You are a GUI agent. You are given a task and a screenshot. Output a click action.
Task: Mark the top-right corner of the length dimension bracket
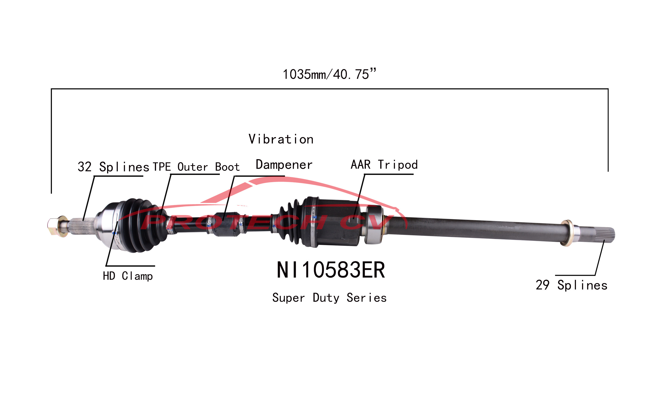point(608,89)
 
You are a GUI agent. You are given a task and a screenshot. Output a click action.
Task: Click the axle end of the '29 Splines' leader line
point(604,240)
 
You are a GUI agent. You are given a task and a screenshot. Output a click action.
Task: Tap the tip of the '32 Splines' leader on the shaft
point(83,220)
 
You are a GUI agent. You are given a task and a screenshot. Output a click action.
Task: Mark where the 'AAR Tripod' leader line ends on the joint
point(354,219)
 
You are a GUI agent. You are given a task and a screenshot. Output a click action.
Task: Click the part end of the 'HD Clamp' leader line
point(118,222)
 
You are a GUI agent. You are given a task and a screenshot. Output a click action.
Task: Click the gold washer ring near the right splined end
point(567,233)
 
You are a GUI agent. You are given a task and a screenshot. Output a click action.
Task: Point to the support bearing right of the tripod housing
point(374,225)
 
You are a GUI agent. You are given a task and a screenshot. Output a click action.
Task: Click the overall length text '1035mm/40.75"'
point(329,74)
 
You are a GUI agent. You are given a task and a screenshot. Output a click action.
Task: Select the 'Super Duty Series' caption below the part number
point(329,298)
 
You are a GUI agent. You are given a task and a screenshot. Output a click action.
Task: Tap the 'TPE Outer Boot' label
point(196,167)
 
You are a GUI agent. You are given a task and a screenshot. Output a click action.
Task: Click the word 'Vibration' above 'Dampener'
point(281,139)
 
